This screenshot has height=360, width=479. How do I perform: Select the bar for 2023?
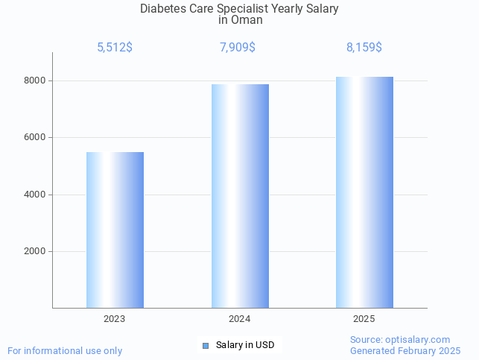115,230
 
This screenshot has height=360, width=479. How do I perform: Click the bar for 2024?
240,195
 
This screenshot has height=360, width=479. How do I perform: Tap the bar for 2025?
364,192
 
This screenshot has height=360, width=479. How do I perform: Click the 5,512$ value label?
115,48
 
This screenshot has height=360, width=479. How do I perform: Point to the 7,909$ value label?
238,48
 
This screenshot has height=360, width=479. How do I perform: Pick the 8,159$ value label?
364,48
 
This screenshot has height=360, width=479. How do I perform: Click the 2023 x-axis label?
115,318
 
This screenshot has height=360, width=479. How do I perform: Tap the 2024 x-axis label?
240,318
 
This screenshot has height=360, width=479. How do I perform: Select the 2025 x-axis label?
364,318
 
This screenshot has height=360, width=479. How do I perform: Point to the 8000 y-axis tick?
34,80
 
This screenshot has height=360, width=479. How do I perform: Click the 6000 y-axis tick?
34,138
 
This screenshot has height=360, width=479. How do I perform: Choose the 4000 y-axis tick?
34,195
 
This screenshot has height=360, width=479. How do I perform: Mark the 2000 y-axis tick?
34,252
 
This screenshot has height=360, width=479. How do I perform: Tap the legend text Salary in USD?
245,345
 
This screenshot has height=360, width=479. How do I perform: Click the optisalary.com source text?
400,339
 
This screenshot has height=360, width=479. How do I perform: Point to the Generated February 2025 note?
405,350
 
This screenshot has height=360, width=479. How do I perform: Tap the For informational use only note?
65,350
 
